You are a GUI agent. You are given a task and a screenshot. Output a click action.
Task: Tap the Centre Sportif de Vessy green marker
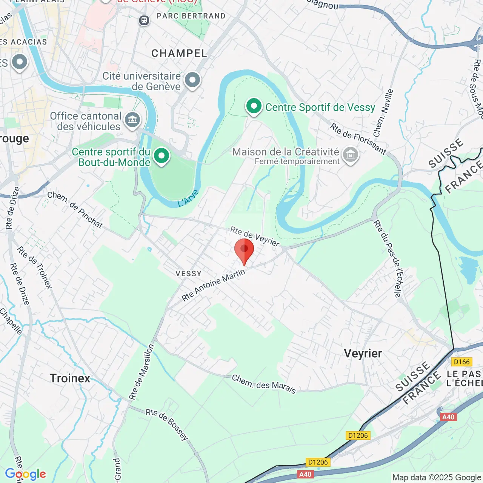pos(254,106)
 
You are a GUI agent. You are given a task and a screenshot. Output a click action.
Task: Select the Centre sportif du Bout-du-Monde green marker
pos(162,155)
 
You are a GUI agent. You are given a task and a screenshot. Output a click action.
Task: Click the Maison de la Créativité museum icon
pos(351,154)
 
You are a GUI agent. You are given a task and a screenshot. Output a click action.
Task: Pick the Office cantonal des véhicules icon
pos(132,120)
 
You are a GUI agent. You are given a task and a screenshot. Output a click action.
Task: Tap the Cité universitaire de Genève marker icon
pos(193,80)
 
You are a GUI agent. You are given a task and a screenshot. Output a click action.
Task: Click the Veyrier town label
pos(363,354)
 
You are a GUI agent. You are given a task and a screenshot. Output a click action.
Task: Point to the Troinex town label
pos(70,378)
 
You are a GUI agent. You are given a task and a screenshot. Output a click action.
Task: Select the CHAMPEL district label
pos(180,54)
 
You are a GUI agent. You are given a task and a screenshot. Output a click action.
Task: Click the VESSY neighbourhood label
pos(189,274)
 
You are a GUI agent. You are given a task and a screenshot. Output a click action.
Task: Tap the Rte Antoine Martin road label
pos(213,285)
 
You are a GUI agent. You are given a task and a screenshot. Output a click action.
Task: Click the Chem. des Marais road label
pos(264,384)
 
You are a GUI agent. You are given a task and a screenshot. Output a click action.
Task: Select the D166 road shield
pos(462,362)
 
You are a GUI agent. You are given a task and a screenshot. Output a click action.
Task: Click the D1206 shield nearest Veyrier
pos(358,435)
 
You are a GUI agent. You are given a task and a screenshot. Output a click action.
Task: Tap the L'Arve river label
pos(188,198)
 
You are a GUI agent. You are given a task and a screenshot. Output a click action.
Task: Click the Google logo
pos(26,474)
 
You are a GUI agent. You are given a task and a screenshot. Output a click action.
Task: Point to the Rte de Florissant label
pos(358,139)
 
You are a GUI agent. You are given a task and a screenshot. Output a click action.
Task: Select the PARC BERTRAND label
pos(191,16)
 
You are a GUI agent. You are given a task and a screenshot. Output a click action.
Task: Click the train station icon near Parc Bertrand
pos(144,20)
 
